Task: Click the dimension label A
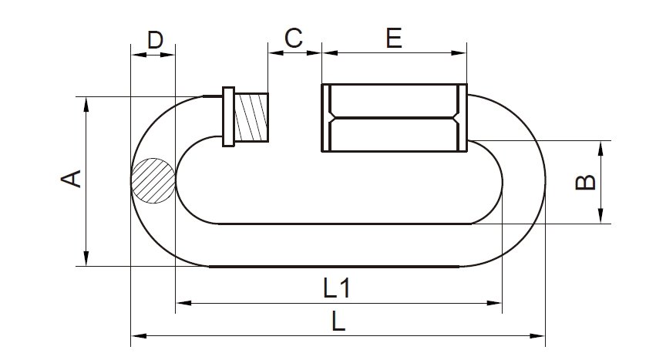tap(71, 180)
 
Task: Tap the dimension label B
tap(587, 182)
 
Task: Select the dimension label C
tap(294, 38)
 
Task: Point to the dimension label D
tap(155, 39)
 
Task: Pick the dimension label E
tap(394, 39)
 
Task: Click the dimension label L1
tap(337, 289)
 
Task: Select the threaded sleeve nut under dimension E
tap(394, 118)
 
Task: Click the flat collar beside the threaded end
tap(228, 117)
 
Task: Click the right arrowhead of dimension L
tap(540, 335)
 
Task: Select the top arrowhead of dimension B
tap(600, 146)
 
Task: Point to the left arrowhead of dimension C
tap(272, 52)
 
